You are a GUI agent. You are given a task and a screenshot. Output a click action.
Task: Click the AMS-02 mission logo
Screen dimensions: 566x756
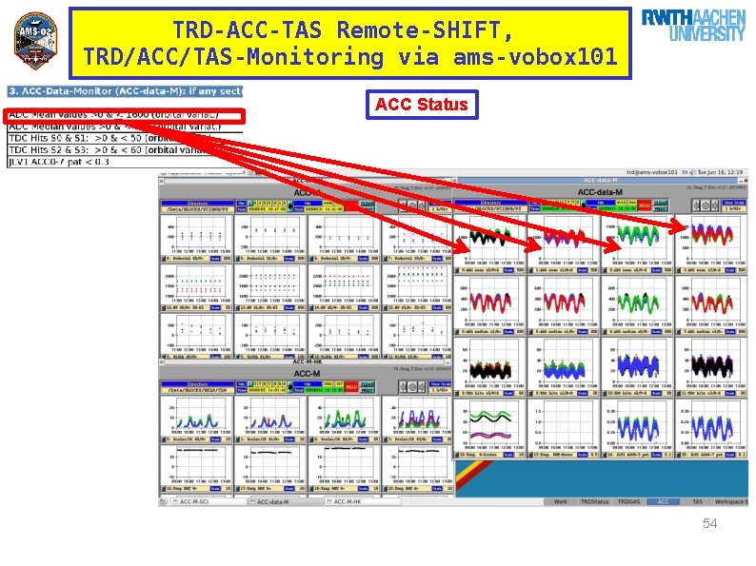pos(35,41)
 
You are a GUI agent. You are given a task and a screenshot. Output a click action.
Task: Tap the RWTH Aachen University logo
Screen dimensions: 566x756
pos(693,26)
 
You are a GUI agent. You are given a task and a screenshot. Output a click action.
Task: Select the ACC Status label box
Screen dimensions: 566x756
pos(421,104)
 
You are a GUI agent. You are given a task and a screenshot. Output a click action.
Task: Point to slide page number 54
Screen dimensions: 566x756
pos(708,524)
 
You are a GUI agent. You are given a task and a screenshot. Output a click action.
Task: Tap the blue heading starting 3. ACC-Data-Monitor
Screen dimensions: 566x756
pos(124,91)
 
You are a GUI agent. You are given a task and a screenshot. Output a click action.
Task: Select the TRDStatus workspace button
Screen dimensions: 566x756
pos(595,501)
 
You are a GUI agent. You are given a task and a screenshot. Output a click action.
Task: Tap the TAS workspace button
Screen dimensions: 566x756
pos(697,501)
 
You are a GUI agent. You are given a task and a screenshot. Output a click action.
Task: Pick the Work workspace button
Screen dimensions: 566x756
pos(561,501)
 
